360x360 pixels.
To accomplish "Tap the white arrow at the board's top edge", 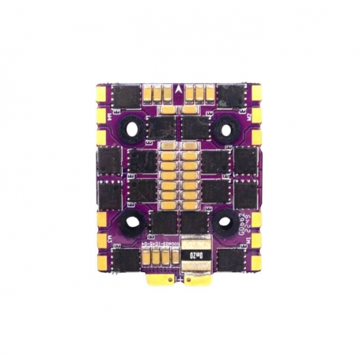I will click(x=180, y=88).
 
